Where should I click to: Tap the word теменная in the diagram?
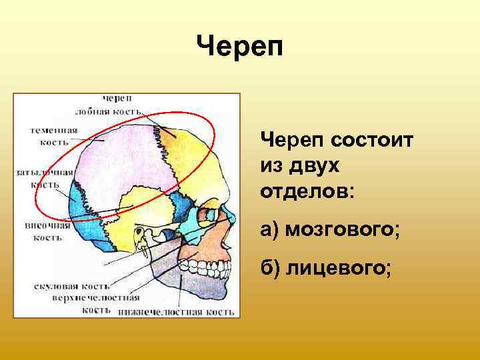[54, 130]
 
